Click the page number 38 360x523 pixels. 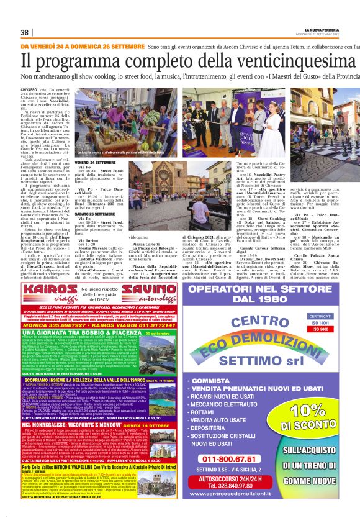tap(25, 32)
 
